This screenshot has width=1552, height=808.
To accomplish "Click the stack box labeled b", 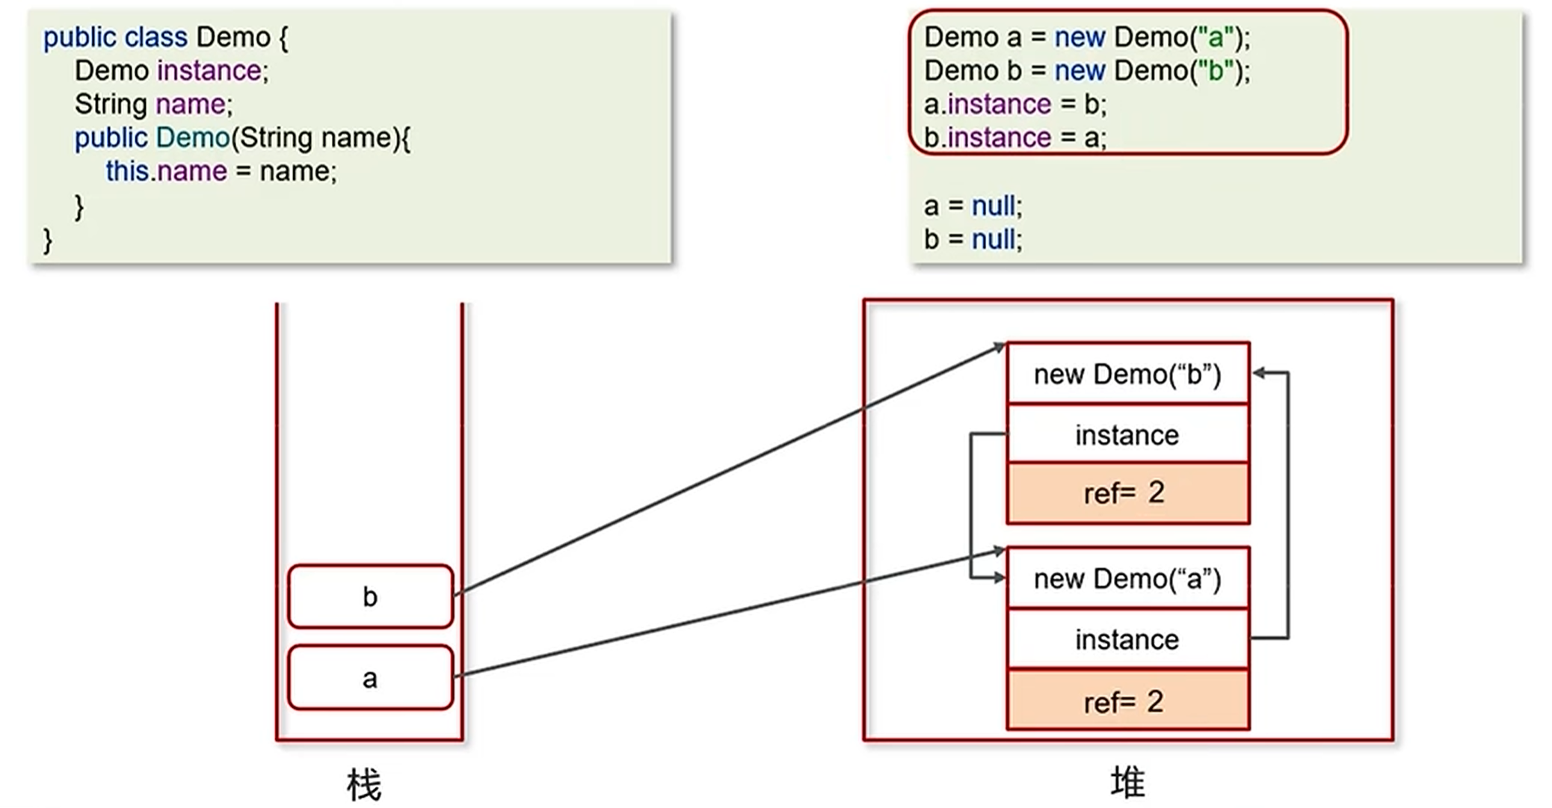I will tap(370, 596).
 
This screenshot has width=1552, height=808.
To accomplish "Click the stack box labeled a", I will tap(370, 678).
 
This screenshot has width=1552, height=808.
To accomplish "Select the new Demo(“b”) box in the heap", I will tap(1127, 374).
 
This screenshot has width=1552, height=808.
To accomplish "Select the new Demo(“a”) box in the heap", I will tap(1127, 579).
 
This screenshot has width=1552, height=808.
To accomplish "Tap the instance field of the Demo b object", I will tap(1127, 435).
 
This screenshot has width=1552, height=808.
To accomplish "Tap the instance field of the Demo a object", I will tap(1127, 640).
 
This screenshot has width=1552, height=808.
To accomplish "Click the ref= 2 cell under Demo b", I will tap(1127, 493).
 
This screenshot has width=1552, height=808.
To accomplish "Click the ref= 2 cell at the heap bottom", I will tap(1127, 701).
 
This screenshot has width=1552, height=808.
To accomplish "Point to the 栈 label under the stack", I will tap(364, 785).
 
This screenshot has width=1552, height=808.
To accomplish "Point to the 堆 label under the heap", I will tap(1127, 783).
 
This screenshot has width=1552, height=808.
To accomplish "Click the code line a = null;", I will tap(973, 206).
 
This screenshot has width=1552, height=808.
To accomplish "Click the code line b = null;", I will tap(973, 239).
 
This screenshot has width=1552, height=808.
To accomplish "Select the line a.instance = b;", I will tap(1014, 104).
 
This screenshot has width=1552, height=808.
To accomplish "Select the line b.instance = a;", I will tap(1014, 138).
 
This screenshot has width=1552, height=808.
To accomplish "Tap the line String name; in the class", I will tap(153, 104).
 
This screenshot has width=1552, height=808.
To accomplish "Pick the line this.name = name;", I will tap(221, 171).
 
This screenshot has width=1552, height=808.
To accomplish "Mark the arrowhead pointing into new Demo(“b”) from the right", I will tap(1259, 373).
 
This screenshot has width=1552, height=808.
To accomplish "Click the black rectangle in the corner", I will tap(1491, 756).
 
